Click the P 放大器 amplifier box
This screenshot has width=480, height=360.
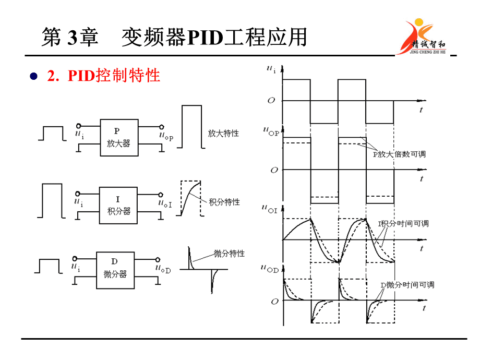[119, 137]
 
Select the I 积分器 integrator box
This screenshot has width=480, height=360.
[119, 205]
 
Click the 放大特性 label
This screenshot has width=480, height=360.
[223, 133]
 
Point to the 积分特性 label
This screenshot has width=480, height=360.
[224, 202]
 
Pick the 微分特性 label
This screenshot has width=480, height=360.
[229, 254]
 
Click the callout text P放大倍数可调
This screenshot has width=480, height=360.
[399, 154]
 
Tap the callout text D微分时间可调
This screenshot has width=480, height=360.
[407, 285]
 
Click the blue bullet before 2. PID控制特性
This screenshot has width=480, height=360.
[34, 76]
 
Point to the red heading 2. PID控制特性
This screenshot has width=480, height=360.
[103, 76]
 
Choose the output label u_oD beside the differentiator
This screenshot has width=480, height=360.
[163, 268]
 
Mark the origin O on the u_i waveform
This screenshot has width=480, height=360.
[271, 100]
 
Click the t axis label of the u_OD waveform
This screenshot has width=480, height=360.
[424, 308]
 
